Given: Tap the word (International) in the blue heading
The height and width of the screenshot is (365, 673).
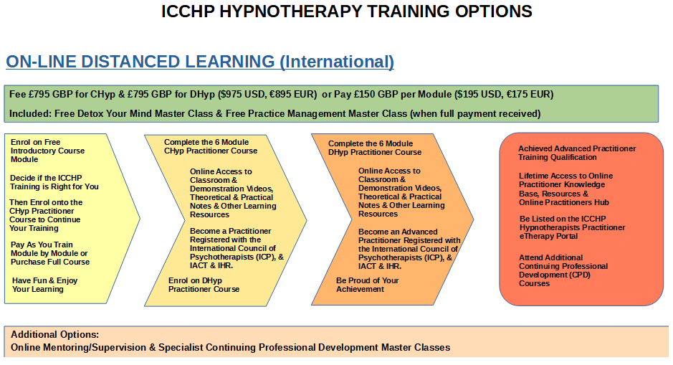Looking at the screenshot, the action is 337,62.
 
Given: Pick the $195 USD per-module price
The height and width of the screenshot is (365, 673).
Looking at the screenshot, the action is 477,94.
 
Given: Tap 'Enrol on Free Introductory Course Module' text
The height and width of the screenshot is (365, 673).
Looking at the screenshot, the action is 47,151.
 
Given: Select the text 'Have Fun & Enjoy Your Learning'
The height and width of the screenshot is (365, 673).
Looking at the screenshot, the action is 44,285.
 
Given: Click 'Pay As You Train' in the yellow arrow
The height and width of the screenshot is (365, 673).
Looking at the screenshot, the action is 42,245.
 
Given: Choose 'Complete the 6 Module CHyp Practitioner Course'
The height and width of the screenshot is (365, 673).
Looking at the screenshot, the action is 211,146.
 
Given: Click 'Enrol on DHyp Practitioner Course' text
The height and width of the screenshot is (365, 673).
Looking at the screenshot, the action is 204,285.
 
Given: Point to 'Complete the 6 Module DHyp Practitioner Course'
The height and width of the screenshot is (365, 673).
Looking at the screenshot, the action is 375,148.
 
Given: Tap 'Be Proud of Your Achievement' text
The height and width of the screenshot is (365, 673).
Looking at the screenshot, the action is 368,285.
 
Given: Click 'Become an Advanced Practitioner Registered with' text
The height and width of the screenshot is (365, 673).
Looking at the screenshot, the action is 409,236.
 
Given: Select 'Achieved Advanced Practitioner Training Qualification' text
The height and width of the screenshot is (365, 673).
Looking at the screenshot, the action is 577,153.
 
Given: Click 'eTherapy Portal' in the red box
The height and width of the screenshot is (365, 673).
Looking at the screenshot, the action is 548,236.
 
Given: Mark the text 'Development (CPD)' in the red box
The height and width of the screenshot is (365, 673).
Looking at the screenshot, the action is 555,275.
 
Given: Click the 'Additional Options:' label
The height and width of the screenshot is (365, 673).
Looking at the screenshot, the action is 55,334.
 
